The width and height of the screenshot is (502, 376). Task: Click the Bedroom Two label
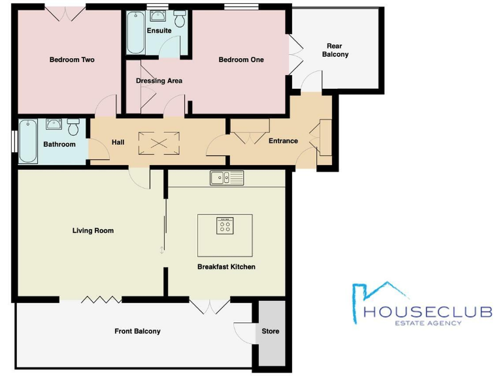pos(72,60)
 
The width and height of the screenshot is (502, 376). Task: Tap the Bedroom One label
pos(241,60)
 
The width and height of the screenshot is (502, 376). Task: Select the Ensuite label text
pos(159,31)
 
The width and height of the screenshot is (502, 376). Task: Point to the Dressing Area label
pos(159,81)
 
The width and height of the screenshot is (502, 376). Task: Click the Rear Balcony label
pos(335,50)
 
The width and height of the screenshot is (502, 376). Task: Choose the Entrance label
pos(283,141)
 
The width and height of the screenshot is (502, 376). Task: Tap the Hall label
pos(118,142)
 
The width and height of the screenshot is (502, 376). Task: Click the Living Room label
pos(93,230)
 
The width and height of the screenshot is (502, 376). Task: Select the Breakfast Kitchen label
pos(226,267)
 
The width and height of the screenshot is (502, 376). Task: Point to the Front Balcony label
pos(137,332)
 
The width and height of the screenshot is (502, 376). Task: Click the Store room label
pos(270,332)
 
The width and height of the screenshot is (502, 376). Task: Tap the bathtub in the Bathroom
pos(27,140)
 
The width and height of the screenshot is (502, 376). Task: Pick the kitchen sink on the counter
pos(226,178)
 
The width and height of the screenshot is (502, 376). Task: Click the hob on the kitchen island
pos(225,226)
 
